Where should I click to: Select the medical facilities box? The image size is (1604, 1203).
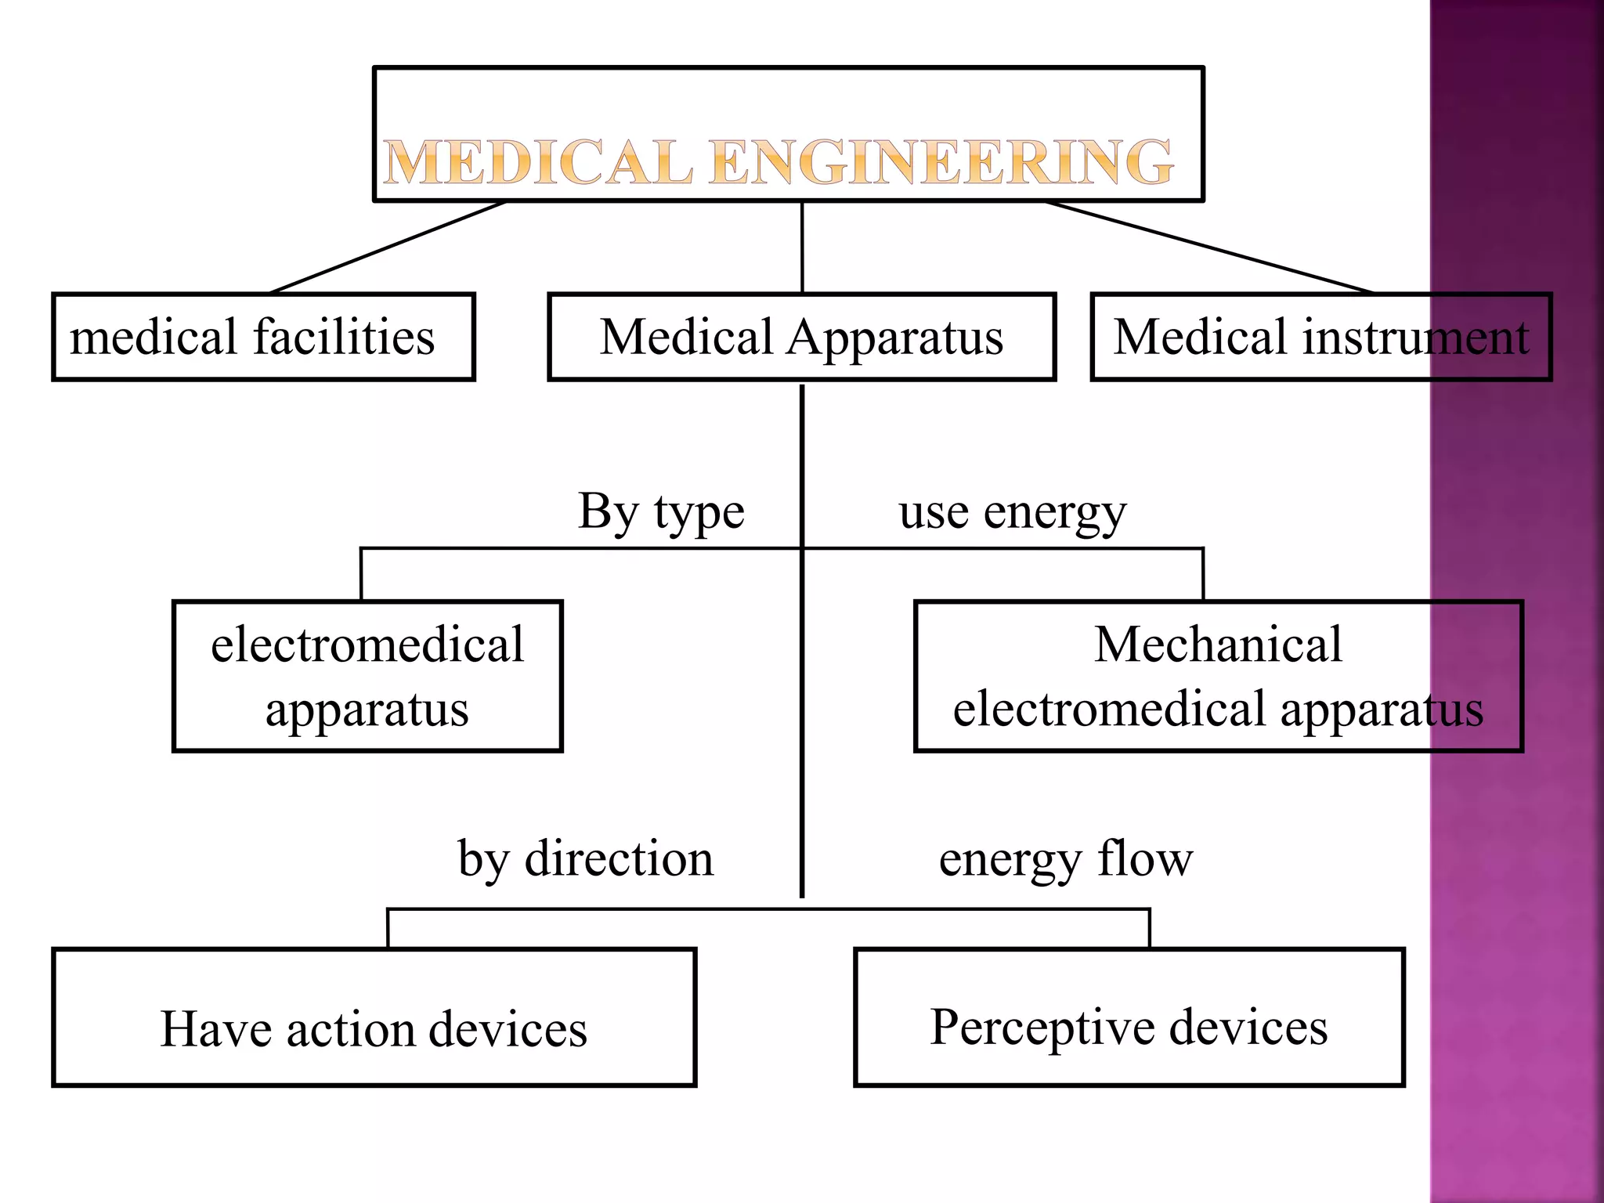coord(263,337)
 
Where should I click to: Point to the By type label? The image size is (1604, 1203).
coord(661,512)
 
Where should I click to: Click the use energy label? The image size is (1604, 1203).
coord(1012,512)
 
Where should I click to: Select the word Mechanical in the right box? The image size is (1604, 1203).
coord(1218,645)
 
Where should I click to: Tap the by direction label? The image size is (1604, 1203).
coord(586,859)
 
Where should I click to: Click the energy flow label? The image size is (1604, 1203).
coord(1066,859)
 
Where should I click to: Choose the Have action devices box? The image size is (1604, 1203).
coord(374,1017)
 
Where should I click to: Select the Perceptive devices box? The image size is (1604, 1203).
coord(1129,1017)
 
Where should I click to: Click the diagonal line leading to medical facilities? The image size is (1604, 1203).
coord(388,247)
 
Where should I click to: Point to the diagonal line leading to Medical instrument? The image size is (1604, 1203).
coord(1210,247)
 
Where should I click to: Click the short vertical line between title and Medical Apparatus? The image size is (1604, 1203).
coord(802,247)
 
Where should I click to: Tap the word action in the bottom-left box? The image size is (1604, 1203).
coord(350,1029)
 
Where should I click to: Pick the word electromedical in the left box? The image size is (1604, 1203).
coord(367,645)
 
